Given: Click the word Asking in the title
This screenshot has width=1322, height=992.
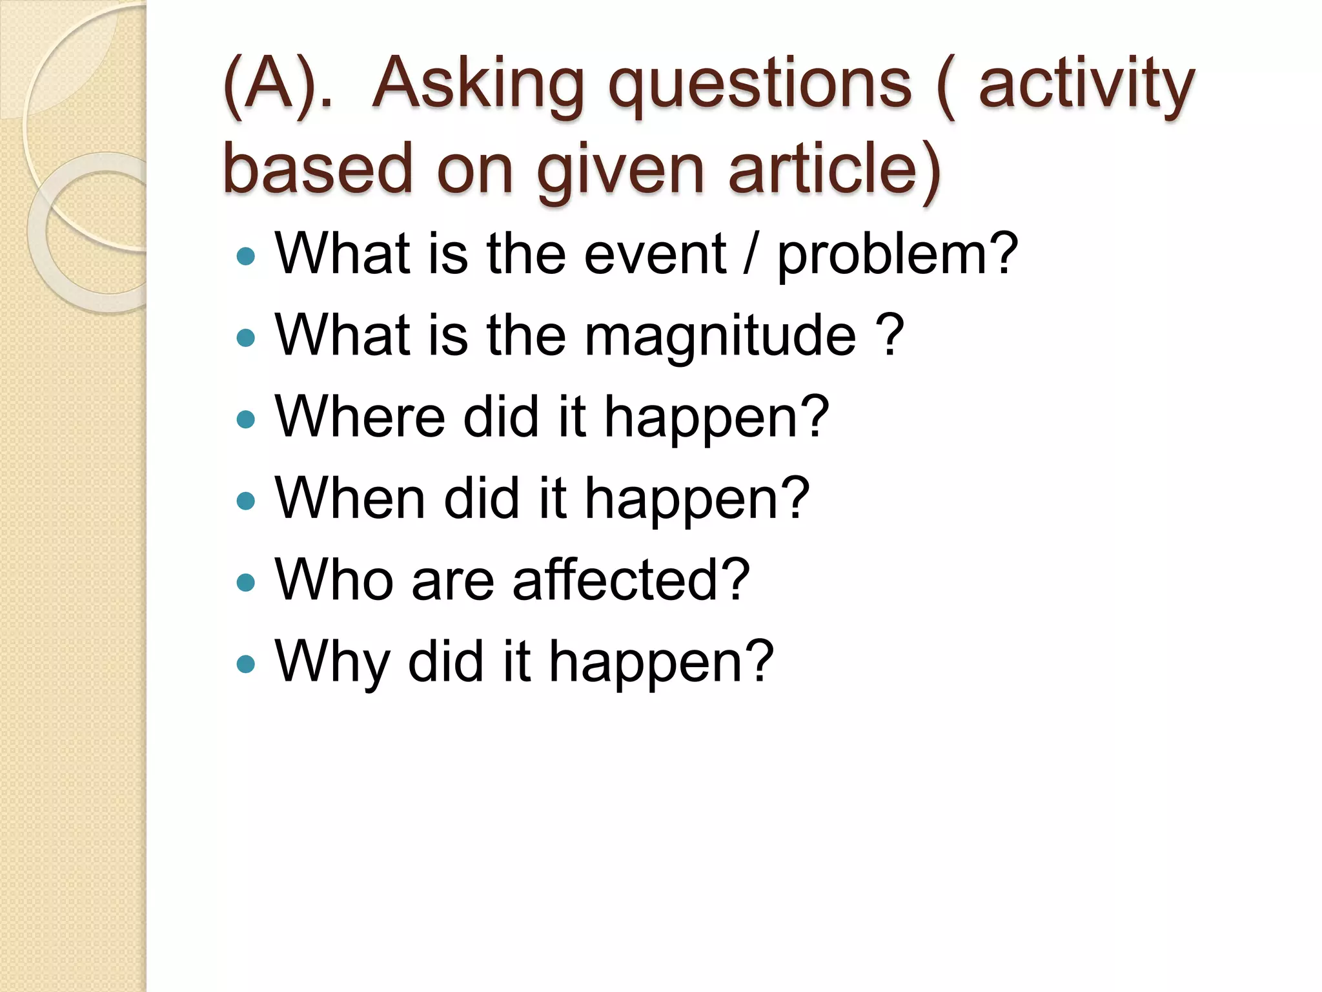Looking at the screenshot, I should point(478,87).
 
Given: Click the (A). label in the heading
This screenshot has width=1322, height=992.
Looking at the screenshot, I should point(278,87).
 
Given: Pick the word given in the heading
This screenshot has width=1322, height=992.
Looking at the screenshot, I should point(620,169).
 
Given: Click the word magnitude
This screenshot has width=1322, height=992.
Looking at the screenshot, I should point(720,336).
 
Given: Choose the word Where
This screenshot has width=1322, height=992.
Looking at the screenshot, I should point(360,417).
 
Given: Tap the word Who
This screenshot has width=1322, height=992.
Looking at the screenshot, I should point(334,579).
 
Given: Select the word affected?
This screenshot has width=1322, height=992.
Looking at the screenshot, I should point(631,579).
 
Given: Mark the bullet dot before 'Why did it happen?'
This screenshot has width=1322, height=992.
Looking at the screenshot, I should point(246,664).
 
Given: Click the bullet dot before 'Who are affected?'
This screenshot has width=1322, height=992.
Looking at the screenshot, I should point(246,583).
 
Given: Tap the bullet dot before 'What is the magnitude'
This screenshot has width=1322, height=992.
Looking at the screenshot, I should point(246,338).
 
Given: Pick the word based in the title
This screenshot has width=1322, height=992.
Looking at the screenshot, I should point(317,169).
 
